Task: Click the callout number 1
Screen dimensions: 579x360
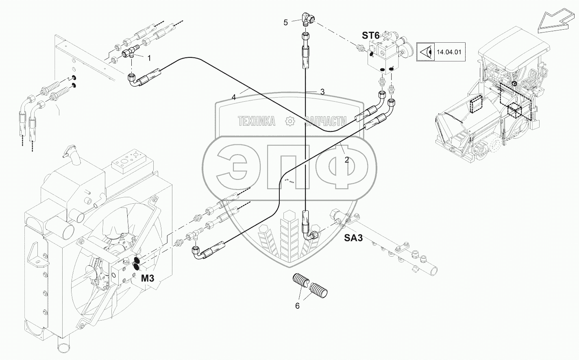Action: tap(149, 58)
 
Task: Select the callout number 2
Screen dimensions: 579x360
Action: tap(346, 160)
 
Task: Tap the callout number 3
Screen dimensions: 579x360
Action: tap(322, 92)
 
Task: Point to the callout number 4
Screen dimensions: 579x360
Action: tap(234, 98)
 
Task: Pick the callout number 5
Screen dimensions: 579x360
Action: tap(285, 23)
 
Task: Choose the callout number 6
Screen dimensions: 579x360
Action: tap(297, 306)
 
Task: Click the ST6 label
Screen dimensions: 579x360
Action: tap(370, 35)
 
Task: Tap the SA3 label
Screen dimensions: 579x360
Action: tap(353, 238)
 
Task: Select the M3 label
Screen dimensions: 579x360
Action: tap(148, 278)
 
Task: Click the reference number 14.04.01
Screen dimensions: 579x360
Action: tap(449, 52)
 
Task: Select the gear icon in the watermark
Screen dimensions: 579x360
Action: tap(290, 121)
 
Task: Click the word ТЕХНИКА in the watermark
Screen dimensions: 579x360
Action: tap(257, 121)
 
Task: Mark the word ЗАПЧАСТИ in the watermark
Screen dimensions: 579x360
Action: tap(326, 121)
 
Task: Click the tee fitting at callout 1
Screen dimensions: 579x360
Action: tap(130, 52)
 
